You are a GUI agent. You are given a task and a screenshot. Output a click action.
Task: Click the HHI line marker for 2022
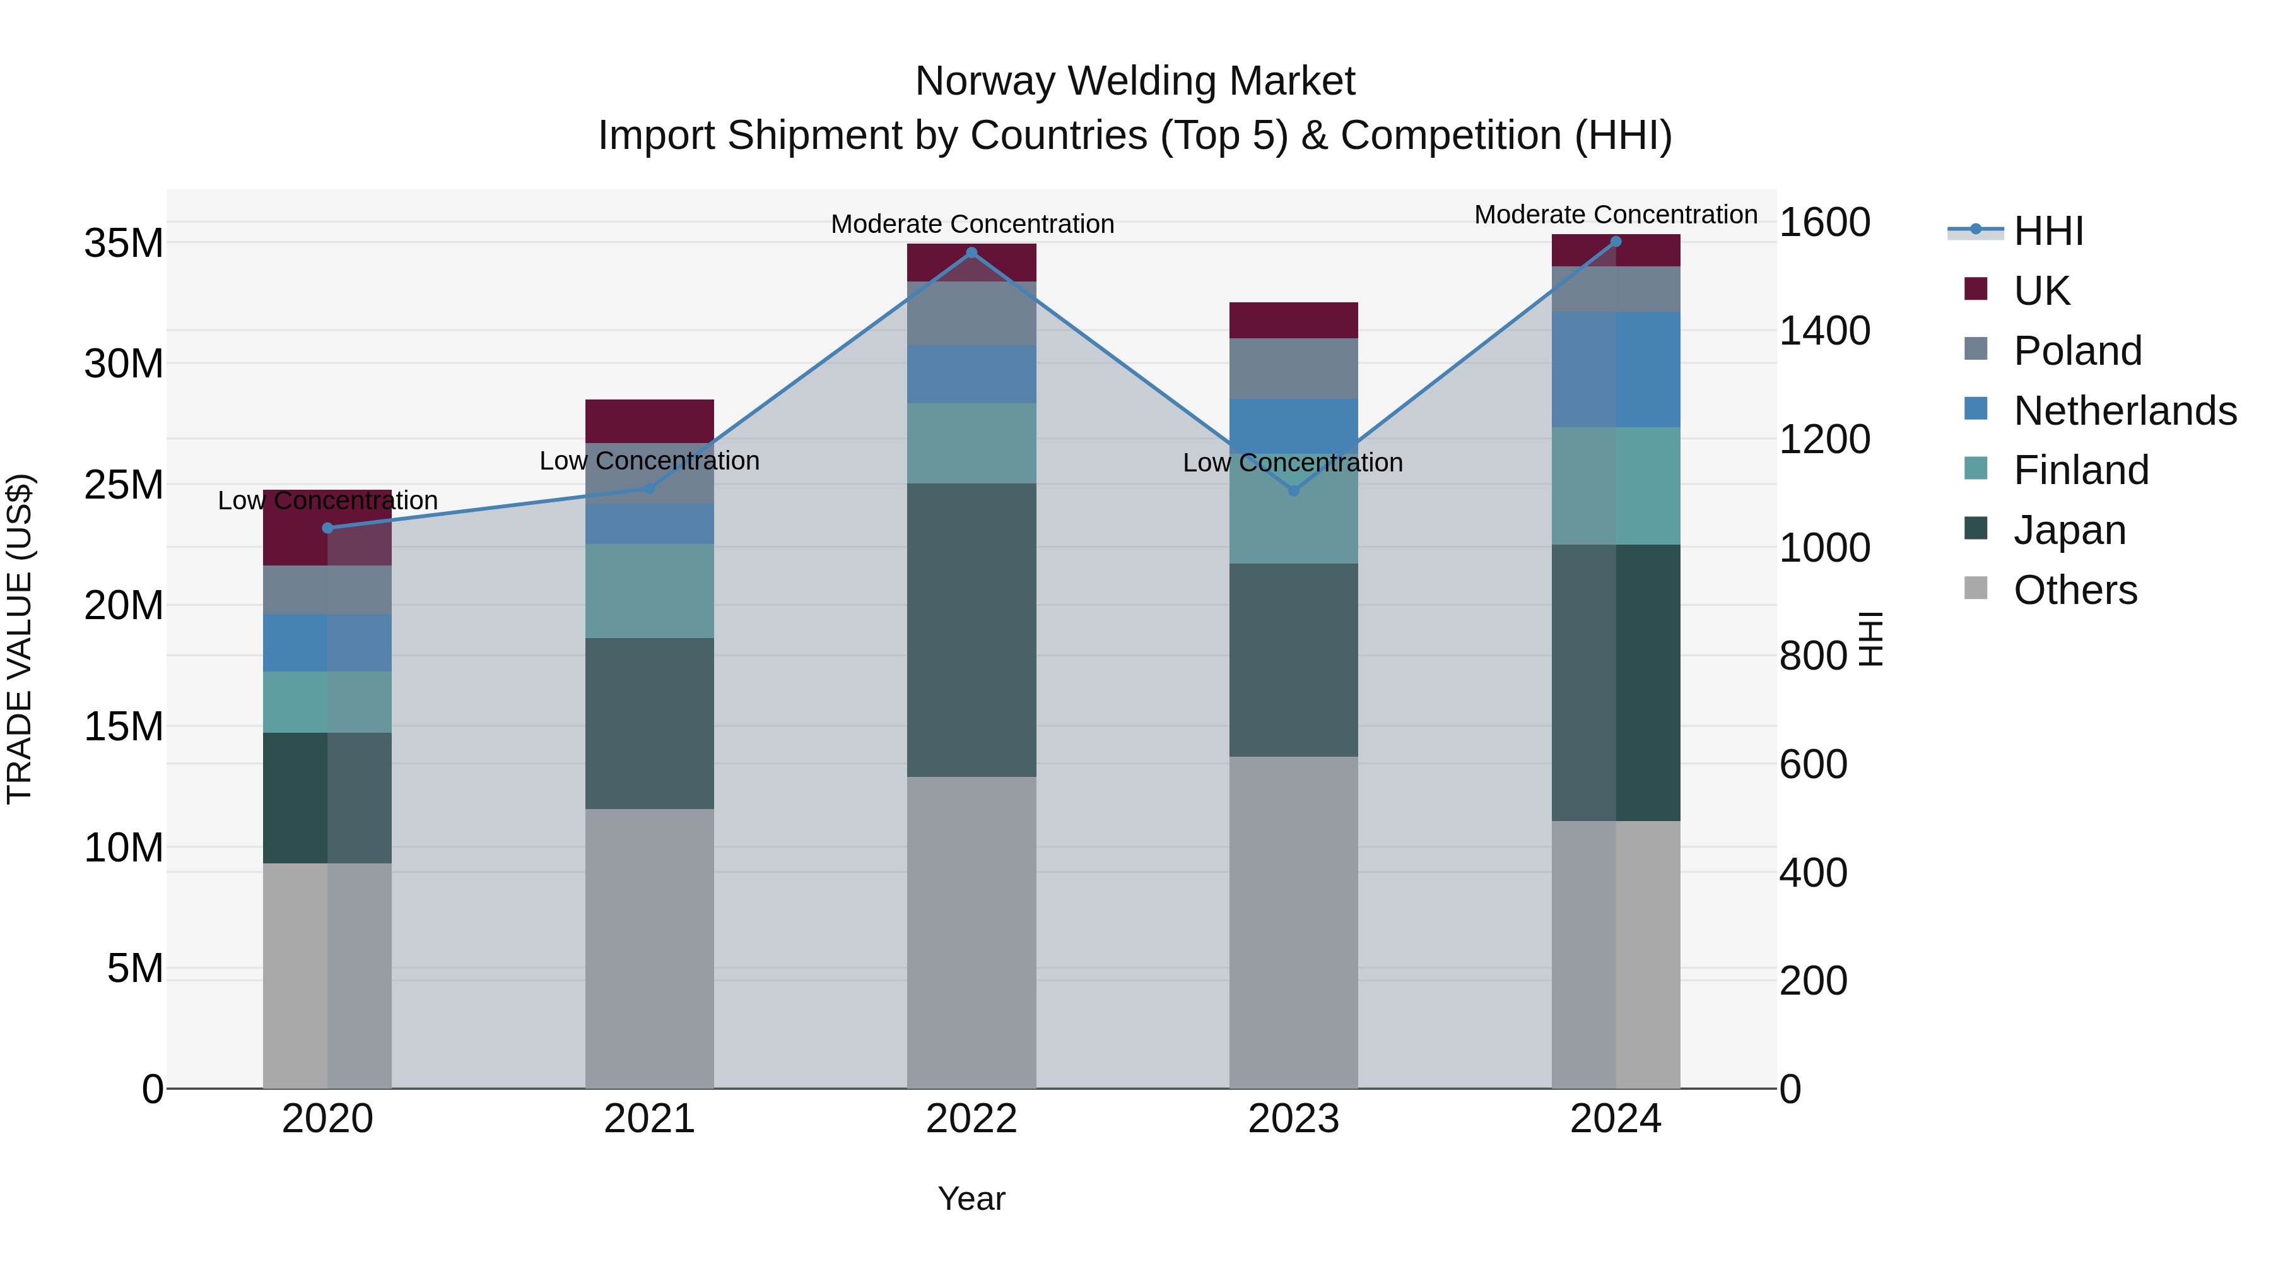971,252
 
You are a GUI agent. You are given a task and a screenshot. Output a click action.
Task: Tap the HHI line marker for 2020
328,528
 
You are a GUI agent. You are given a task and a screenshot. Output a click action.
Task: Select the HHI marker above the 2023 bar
1293,490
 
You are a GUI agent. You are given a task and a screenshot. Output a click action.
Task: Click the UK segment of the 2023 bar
1293,320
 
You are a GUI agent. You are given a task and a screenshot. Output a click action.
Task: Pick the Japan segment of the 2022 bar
971,630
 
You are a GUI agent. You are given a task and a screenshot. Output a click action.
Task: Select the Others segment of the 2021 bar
650,948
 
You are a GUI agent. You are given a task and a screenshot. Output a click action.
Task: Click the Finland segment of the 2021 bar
650,591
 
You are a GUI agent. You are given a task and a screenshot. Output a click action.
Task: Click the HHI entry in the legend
2048,231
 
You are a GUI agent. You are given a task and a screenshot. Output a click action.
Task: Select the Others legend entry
2074,590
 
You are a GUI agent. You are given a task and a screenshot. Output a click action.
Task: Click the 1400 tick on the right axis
1824,331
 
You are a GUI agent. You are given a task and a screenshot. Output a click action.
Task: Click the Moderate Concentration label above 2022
972,224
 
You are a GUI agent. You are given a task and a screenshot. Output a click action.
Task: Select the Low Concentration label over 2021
650,461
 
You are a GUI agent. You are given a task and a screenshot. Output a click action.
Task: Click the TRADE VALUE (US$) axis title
20,639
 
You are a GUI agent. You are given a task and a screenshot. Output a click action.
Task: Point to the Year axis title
971,1198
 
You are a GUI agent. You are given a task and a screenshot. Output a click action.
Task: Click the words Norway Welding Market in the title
1135,81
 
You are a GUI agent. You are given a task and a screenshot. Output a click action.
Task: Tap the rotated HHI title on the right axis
1870,639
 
